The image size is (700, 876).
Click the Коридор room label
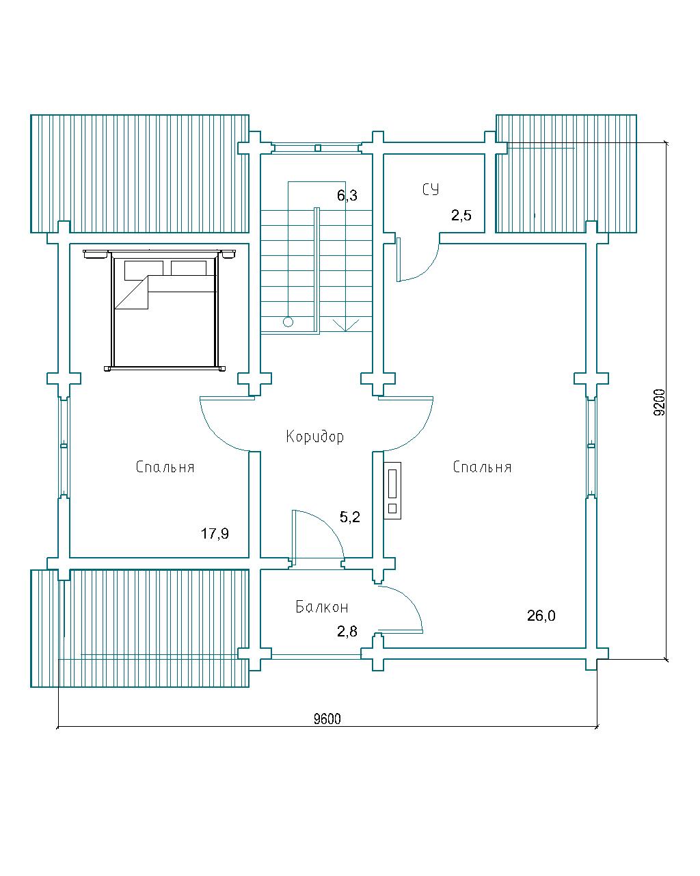coord(314,437)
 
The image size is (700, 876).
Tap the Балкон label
coord(321,607)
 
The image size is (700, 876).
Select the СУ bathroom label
coord(431,190)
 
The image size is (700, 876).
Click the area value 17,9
coord(215,533)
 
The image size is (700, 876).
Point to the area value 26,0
coord(541,615)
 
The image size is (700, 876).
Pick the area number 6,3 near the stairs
coord(347,196)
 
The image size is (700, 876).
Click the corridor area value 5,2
coord(350,517)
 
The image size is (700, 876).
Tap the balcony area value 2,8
coord(347,632)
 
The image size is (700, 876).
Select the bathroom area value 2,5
coord(461,215)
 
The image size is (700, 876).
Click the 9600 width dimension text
coord(327,719)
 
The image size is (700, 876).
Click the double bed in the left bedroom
coord(164,310)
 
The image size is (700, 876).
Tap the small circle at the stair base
coord(288,322)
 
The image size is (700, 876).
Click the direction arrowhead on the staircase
coord(346,326)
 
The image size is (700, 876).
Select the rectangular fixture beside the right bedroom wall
coord(392,491)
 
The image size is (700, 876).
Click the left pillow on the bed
coord(144,270)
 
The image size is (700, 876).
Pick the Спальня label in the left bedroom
coord(165,467)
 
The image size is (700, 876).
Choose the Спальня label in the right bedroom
coord(482,467)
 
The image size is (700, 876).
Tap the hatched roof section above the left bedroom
coord(139,174)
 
